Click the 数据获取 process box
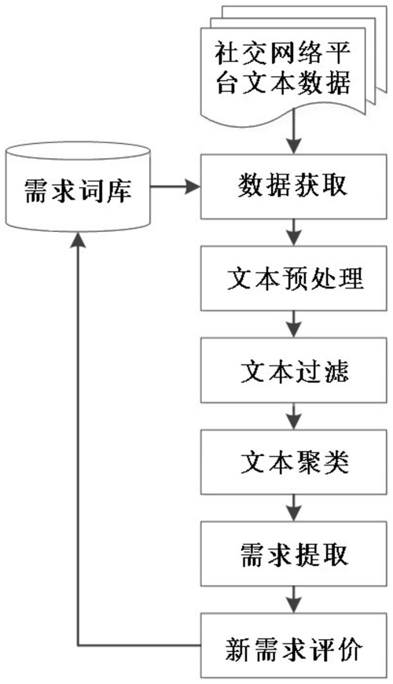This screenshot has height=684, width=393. [293, 186]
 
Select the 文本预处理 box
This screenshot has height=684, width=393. [293, 278]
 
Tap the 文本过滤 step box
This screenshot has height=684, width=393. [293, 370]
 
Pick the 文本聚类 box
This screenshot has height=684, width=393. [293, 462]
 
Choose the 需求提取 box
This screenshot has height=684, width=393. [293, 554]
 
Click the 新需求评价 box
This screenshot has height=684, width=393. [293, 645]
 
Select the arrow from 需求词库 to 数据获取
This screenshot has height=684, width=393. [175, 187]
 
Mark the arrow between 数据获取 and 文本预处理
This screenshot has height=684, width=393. [293, 233]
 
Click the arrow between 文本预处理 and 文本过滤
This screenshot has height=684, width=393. [293, 324]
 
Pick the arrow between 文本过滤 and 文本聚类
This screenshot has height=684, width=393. [293, 416]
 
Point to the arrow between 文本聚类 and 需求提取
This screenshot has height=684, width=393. [293, 508]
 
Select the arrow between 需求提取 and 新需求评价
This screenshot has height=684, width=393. [293, 600]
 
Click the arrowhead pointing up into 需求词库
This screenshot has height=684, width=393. [78, 240]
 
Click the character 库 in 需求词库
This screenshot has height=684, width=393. [118, 190]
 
